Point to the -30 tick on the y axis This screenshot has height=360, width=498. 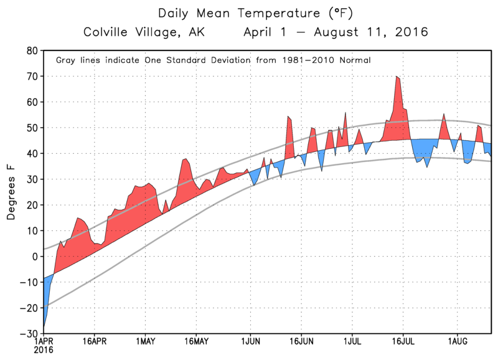(29, 334)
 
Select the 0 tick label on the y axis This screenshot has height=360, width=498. (35, 257)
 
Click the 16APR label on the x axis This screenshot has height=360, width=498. (94, 342)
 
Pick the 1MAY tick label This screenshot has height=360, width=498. (145, 342)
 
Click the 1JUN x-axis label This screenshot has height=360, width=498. (250, 342)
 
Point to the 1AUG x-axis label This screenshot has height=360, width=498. (456, 342)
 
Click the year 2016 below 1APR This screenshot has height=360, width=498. (44, 351)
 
